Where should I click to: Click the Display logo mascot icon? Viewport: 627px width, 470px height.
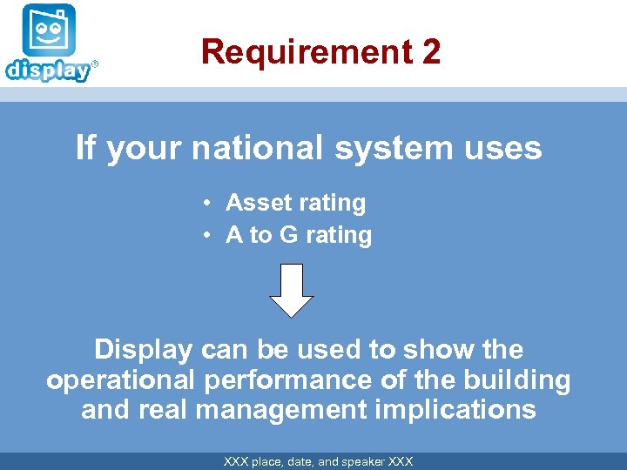(x=49, y=31)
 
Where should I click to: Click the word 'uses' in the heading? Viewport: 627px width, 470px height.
(x=504, y=148)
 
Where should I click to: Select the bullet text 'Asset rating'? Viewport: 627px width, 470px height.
(x=295, y=203)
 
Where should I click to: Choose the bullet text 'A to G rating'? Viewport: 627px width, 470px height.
(x=298, y=235)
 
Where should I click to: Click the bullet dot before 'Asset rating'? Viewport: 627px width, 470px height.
(x=210, y=204)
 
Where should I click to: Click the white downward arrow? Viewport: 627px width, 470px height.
(x=292, y=290)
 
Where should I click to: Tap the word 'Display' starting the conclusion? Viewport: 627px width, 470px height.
(x=143, y=350)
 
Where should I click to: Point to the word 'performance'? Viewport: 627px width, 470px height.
(x=287, y=380)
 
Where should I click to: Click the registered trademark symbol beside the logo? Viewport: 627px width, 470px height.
(x=95, y=64)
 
